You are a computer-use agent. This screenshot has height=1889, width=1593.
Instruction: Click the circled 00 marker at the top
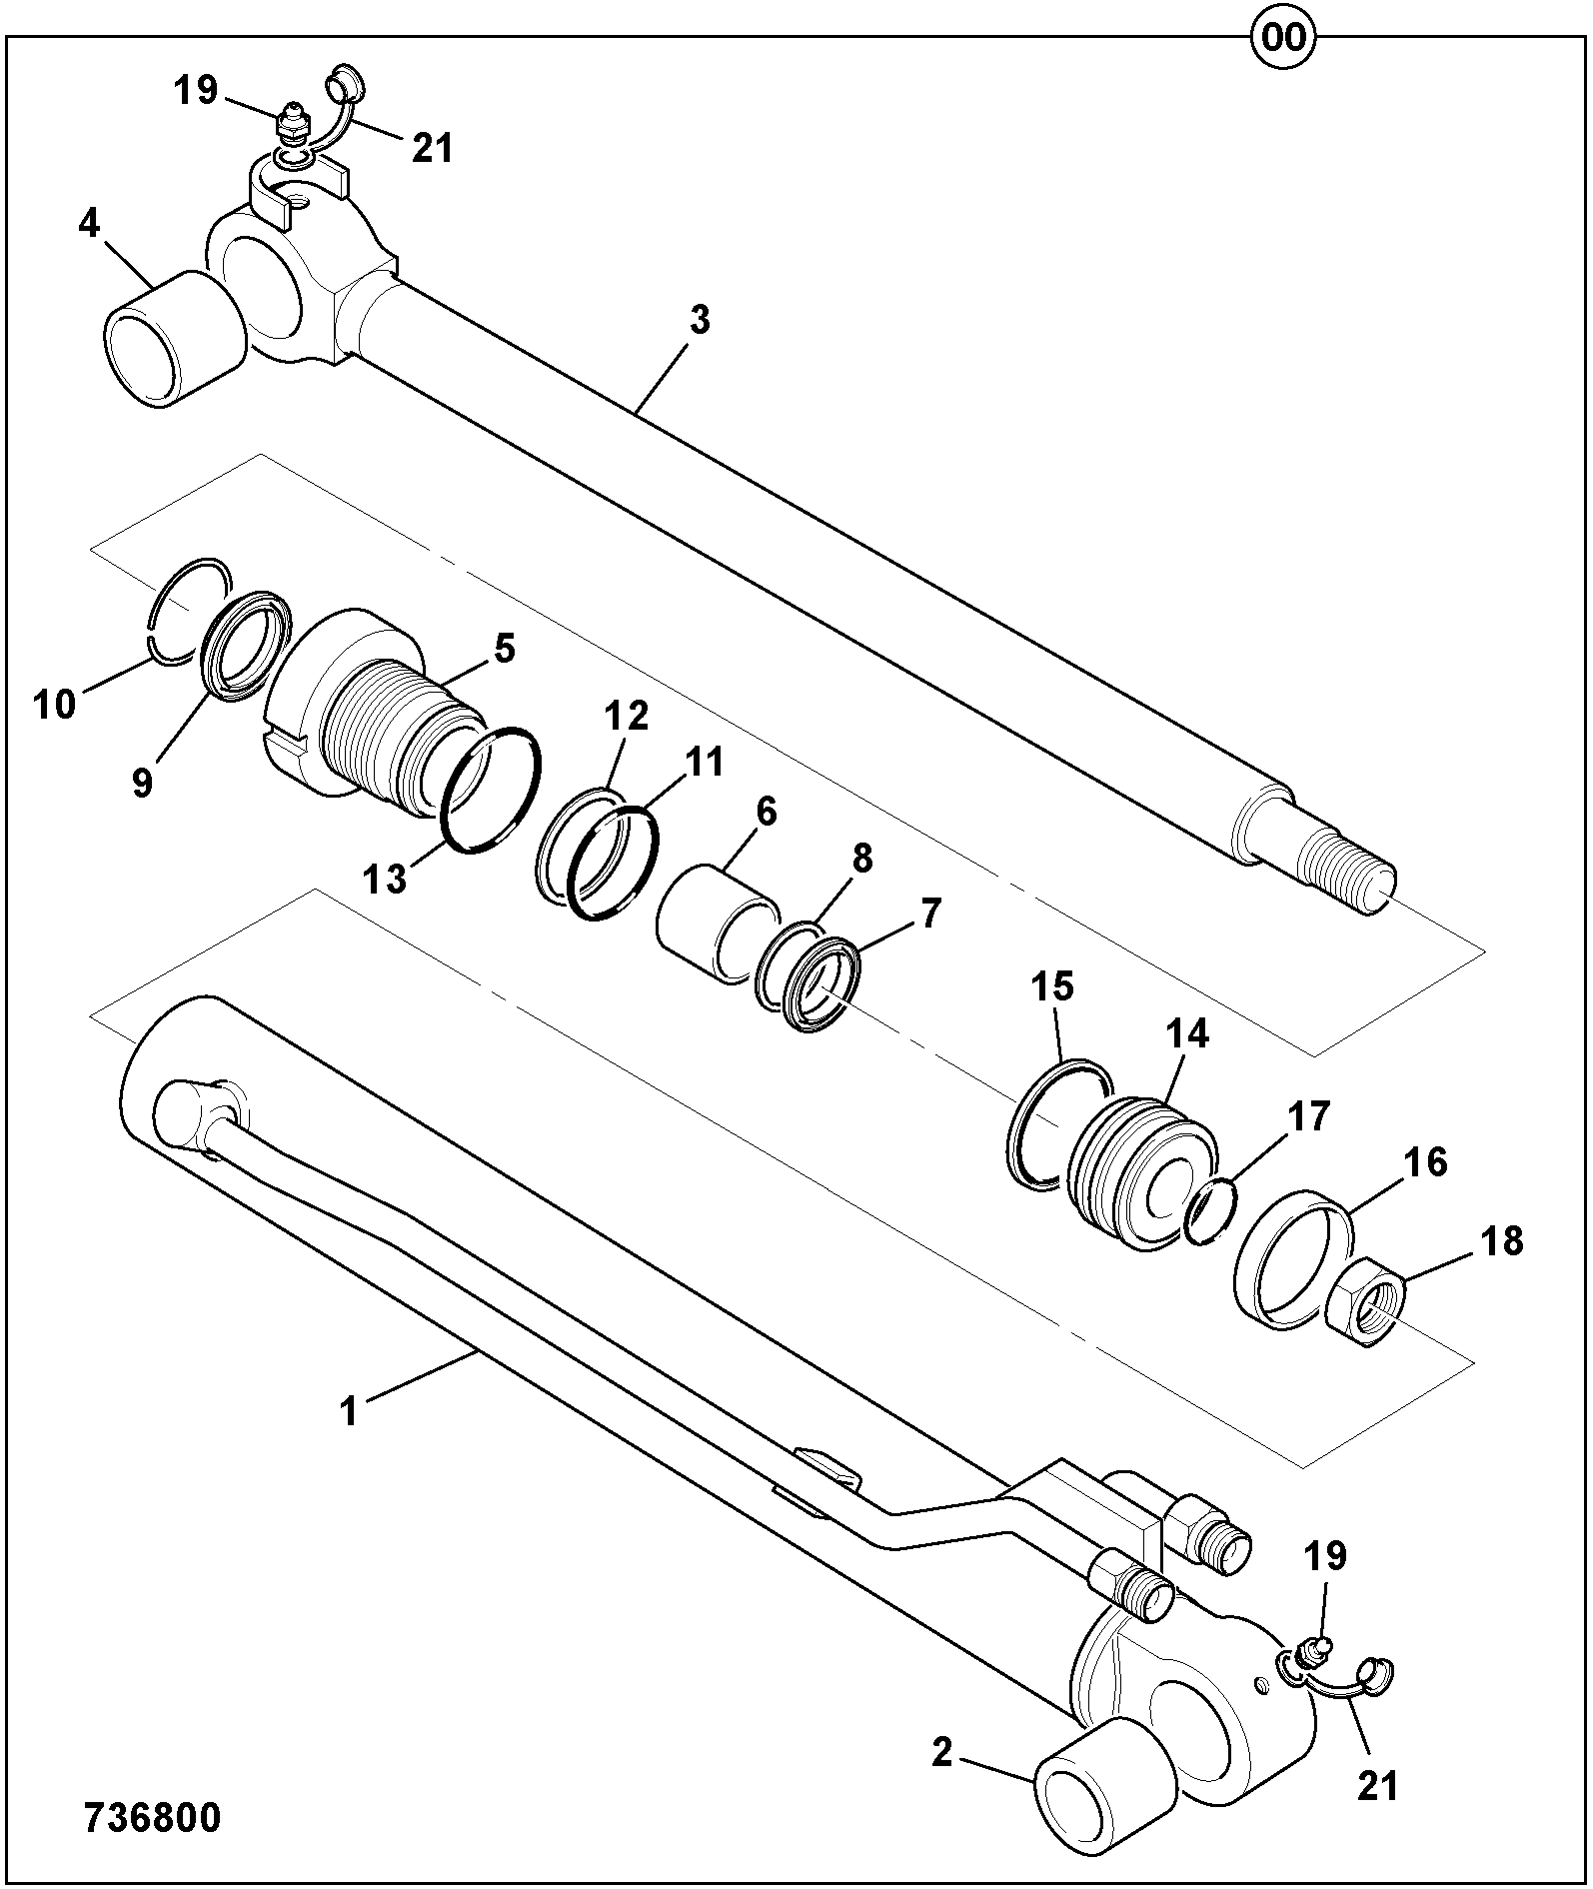[x=1284, y=37]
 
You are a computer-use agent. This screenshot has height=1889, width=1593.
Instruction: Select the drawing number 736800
[x=153, y=1818]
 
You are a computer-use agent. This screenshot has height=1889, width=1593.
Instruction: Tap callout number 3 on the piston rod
[x=700, y=321]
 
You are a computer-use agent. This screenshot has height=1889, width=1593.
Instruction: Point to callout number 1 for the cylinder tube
[x=349, y=1412]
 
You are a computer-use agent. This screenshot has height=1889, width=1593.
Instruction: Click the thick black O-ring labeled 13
[x=492, y=790]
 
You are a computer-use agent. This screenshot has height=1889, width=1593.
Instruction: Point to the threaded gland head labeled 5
[x=375, y=700]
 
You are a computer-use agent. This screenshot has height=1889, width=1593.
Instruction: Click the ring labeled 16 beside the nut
[x=1294, y=1259]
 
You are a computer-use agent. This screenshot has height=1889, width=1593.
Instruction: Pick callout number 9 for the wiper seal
[x=143, y=783]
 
